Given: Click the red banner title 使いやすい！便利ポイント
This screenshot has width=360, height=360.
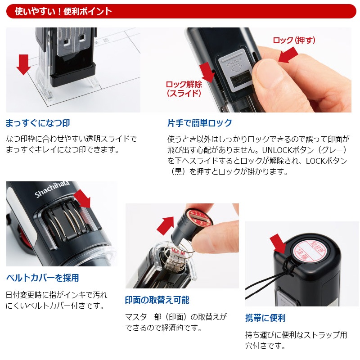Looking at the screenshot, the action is click(x=63, y=11).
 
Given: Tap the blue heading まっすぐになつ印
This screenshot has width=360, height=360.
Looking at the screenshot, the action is click(x=38, y=123).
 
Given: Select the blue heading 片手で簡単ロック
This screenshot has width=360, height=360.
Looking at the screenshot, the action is click(x=199, y=123).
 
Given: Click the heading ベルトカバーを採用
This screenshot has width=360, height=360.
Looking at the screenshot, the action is click(x=42, y=278).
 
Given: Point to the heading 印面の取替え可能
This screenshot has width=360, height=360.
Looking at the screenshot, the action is click(x=157, y=300).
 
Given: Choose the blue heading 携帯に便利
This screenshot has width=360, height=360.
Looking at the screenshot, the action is click(x=265, y=318).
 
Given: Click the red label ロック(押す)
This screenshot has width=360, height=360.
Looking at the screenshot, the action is click(x=294, y=40).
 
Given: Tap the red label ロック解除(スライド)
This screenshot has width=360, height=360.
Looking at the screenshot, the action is click(x=184, y=89).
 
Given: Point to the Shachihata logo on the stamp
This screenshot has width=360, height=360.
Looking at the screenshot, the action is click(x=52, y=189).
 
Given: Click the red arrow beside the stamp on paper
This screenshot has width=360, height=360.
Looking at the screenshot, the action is click(x=23, y=64).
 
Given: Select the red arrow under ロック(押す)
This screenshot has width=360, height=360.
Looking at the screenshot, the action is click(x=288, y=54).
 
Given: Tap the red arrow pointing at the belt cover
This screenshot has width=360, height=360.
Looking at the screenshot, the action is click(x=83, y=198).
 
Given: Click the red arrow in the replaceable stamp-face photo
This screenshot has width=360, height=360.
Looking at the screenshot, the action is click(x=166, y=225).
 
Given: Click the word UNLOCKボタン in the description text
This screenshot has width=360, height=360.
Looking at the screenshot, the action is click(x=288, y=150).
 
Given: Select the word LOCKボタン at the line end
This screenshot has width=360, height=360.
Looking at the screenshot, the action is click(x=326, y=161).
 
